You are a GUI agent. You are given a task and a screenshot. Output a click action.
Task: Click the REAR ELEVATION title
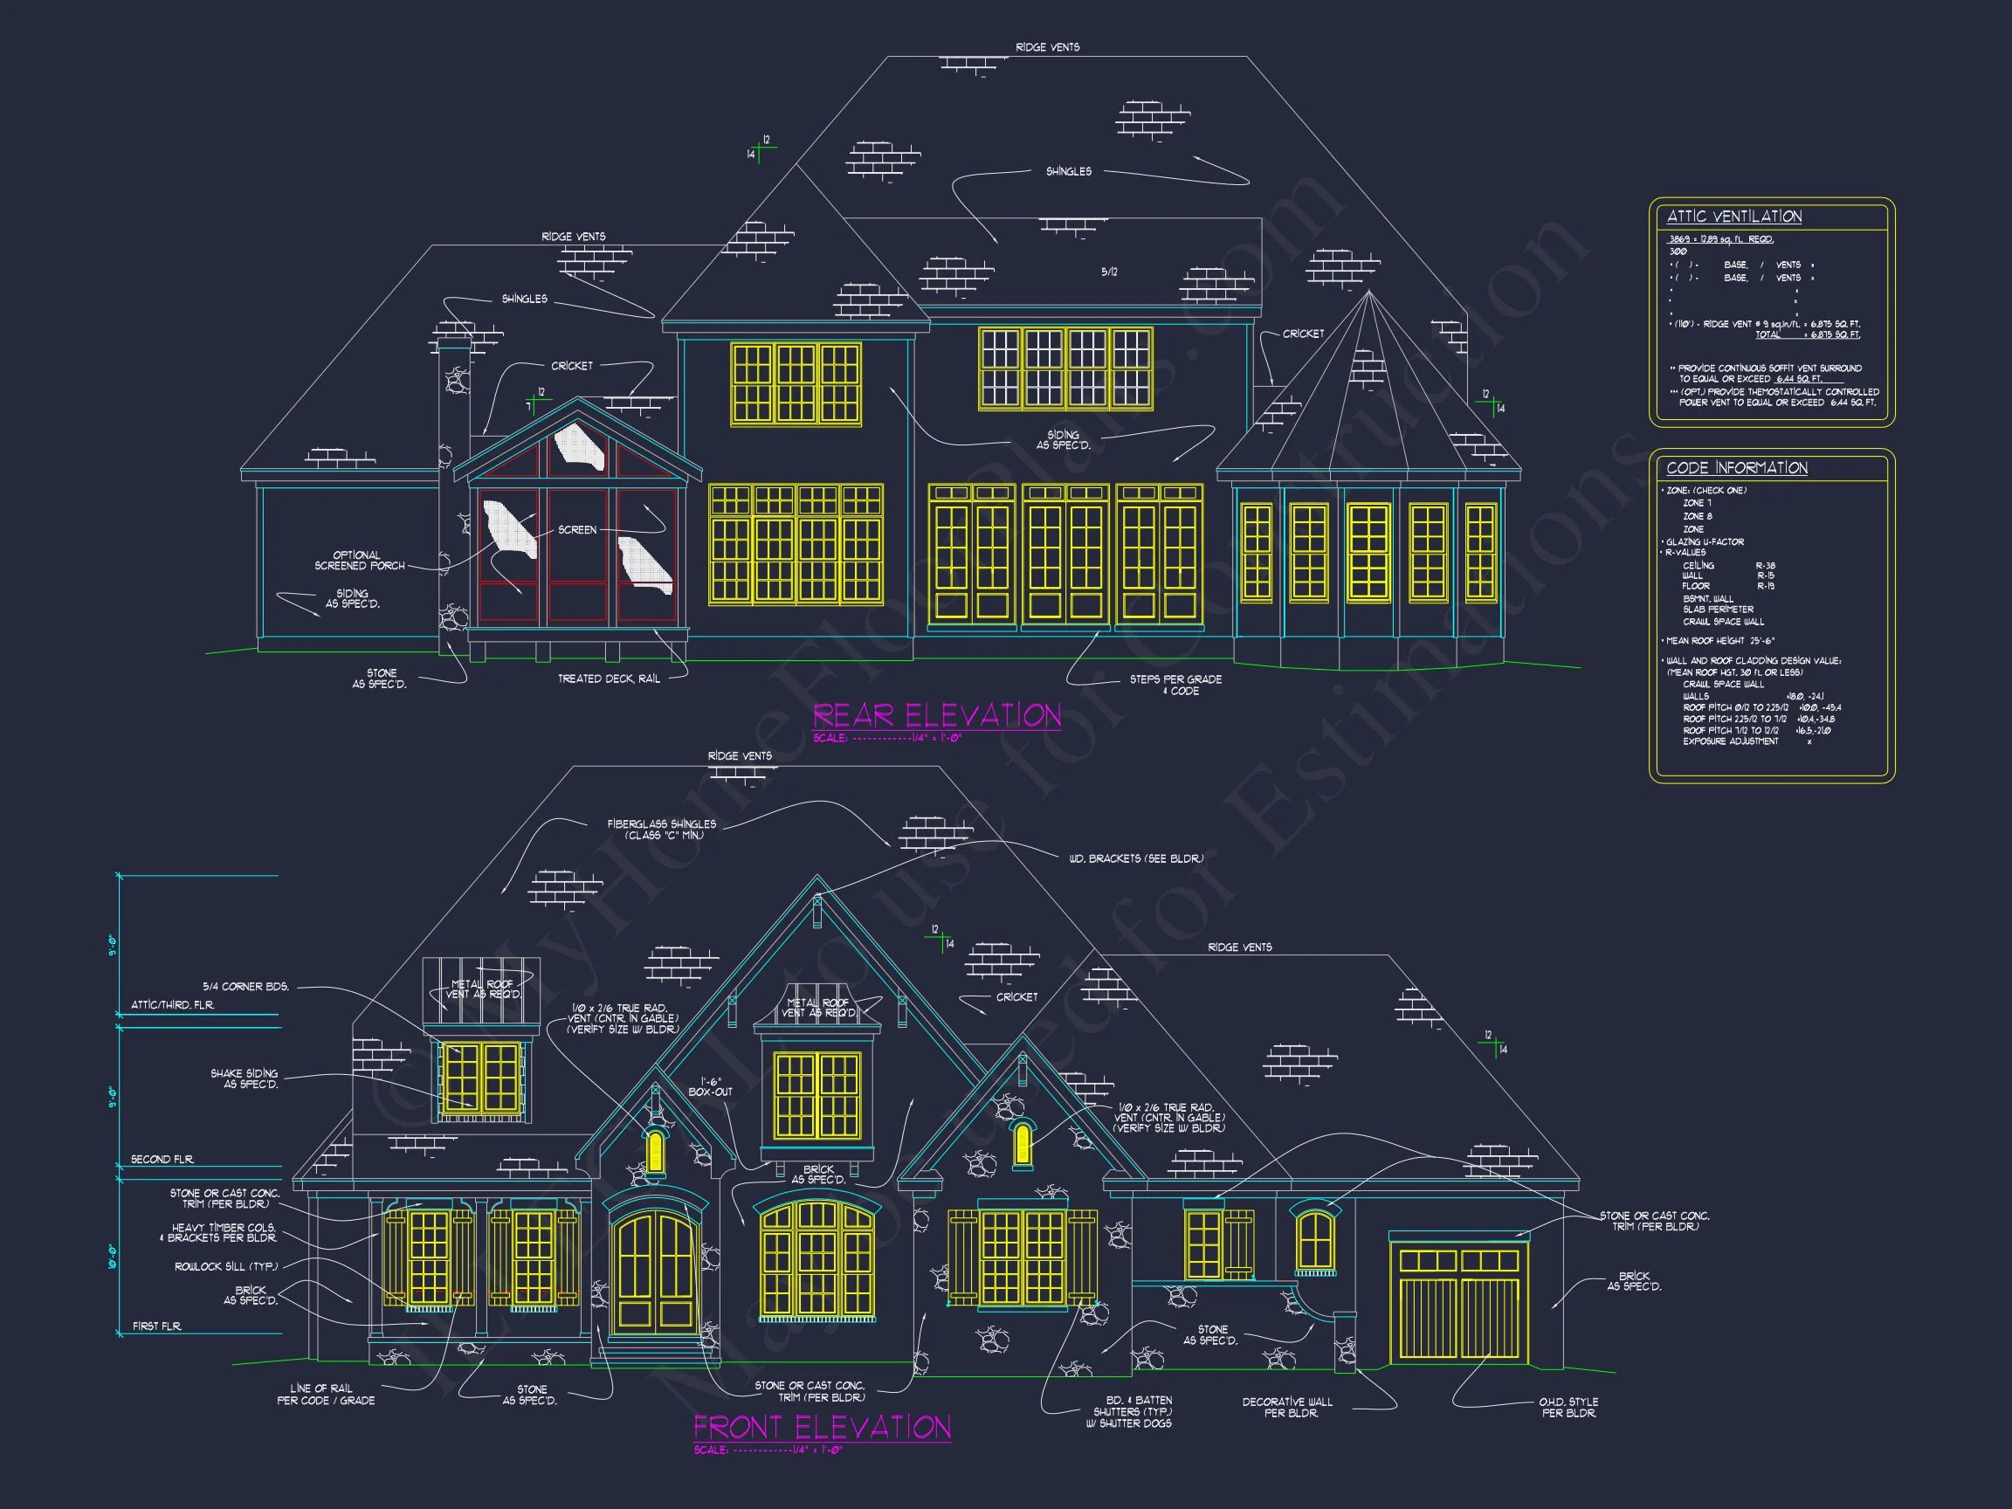point(937,715)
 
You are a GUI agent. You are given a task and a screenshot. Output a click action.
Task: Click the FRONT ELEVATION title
point(823,1426)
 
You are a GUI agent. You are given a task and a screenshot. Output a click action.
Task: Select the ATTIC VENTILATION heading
point(1733,217)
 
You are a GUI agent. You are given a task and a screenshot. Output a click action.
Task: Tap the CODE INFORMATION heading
point(1736,467)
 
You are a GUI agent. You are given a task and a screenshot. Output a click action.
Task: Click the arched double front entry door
point(655,1273)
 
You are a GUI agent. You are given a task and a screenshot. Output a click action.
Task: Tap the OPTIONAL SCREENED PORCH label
point(358,561)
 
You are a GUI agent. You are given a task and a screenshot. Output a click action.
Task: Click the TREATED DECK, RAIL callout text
point(609,679)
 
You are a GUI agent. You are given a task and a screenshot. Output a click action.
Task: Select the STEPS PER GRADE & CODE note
point(1175,685)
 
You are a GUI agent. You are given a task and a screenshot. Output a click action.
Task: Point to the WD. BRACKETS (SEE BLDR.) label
point(1136,858)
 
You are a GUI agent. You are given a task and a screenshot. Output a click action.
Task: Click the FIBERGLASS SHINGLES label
point(661,830)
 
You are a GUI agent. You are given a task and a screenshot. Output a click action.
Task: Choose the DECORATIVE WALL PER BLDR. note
point(1287,1407)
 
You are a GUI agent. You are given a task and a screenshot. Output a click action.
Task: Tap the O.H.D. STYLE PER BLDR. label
point(1568,1407)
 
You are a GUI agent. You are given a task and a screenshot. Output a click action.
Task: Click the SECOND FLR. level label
point(162,1160)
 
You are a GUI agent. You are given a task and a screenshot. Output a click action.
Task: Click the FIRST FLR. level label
point(156,1326)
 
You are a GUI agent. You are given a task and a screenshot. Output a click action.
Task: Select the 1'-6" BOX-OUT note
point(710,1086)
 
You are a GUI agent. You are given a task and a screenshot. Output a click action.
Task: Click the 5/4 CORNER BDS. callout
point(245,986)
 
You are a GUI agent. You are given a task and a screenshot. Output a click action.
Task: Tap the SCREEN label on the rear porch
point(577,529)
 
